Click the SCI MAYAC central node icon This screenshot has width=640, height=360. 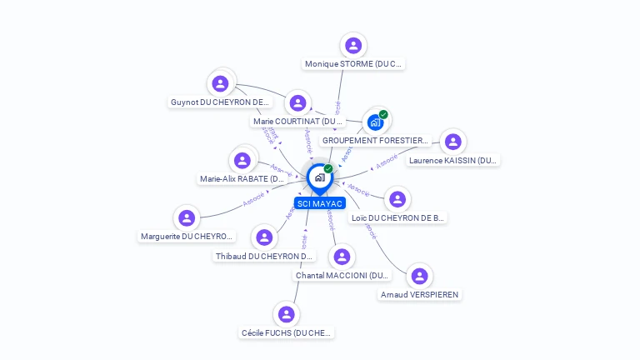(x=319, y=177)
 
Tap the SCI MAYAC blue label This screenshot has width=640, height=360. (x=319, y=203)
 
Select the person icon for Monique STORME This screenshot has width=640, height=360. (x=353, y=45)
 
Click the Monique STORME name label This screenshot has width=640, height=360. (x=353, y=63)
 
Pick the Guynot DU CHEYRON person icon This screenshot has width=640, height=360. (x=220, y=83)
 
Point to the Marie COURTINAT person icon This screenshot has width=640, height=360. (x=297, y=103)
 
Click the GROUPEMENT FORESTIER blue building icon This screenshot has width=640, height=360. (x=375, y=122)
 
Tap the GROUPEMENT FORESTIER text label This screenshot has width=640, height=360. (x=375, y=141)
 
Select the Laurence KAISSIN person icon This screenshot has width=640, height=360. (x=452, y=142)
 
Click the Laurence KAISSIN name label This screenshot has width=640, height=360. (x=453, y=160)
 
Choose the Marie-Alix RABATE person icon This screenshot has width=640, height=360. (x=242, y=160)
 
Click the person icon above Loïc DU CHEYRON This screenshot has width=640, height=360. (x=397, y=199)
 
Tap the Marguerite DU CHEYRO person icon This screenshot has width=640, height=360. (x=187, y=218)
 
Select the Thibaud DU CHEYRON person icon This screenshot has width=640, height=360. (x=264, y=237)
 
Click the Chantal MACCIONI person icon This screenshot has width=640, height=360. (x=342, y=257)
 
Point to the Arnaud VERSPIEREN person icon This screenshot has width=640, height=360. (x=419, y=276)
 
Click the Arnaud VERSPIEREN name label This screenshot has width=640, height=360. (x=420, y=294)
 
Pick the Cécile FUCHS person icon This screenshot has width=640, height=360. (x=287, y=314)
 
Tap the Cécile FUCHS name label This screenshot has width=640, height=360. (x=287, y=332)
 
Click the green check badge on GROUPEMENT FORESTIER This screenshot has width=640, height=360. (x=383, y=114)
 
